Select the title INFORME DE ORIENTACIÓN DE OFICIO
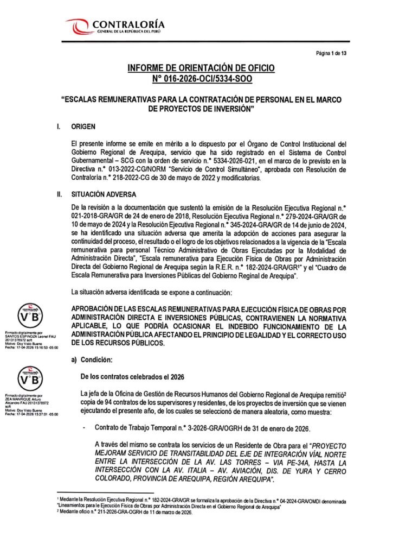pyautogui.click(x=201, y=68)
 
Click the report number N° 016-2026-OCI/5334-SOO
pyautogui.click(x=201, y=79)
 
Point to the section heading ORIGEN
pyautogui.click(x=83, y=127)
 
